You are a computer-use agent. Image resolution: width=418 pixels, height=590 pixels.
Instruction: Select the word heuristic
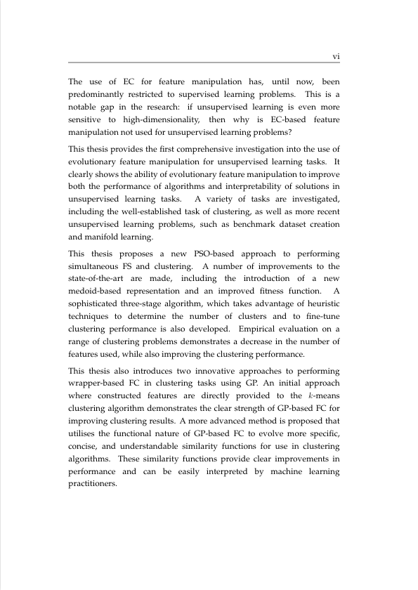click(320, 306)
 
